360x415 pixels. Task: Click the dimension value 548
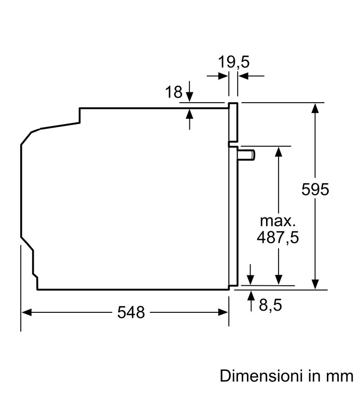point(131,312)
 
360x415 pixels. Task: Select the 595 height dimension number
point(315,189)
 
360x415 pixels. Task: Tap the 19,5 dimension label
point(233,62)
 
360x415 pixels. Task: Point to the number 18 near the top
point(174,92)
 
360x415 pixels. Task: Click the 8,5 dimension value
point(270,305)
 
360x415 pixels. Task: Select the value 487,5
point(278,237)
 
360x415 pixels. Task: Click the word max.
point(278,221)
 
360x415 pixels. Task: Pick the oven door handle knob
point(246,155)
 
